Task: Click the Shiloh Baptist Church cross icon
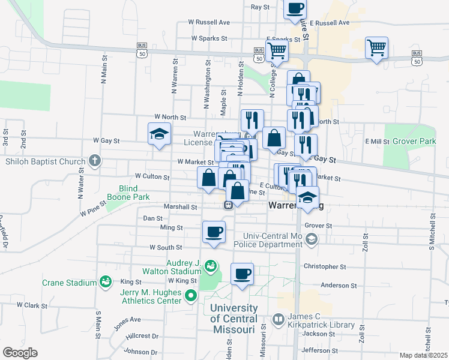(94, 160)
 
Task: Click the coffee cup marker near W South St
(214, 232)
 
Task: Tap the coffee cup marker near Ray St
(294, 8)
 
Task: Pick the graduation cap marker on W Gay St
(160, 134)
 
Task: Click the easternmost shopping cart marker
(376, 47)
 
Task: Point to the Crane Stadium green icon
(105, 281)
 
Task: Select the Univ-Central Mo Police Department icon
(311, 239)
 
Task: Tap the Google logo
(20, 352)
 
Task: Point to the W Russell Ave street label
(209, 22)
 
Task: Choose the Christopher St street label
(325, 266)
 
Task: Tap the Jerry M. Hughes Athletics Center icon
(191, 295)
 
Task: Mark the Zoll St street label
(364, 242)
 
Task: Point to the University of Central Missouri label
(234, 319)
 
